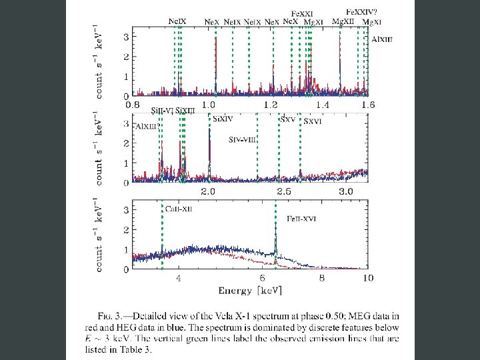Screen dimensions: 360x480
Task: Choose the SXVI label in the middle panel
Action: pyautogui.click(x=313, y=122)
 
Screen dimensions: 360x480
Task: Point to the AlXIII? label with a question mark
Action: pyautogui.click(x=147, y=126)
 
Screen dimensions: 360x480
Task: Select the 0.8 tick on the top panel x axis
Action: pyautogui.click(x=135, y=105)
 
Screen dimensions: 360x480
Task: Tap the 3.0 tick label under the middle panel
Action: pyautogui.click(x=347, y=192)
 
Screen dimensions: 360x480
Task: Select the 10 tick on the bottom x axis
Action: pyautogui.click(x=367, y=279)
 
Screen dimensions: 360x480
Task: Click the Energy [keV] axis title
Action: pyautogui.click(x=250, y=291)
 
